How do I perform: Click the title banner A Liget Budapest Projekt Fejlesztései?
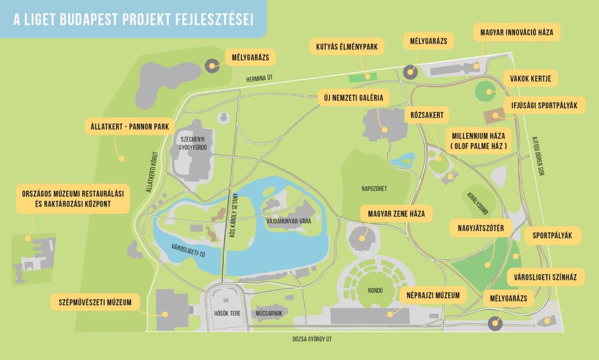[133, 19]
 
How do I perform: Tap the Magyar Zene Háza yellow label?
[397, 213]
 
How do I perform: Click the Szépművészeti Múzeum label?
[99, 302]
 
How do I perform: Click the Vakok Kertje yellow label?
[530, 78]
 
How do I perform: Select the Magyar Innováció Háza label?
[517, 32]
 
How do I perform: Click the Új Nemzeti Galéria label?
[353, 98]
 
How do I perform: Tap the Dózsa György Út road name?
[316, 339]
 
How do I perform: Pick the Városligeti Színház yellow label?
[545, 276]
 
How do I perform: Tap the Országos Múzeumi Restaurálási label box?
[73, 199]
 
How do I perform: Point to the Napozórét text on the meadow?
[374, 189]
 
